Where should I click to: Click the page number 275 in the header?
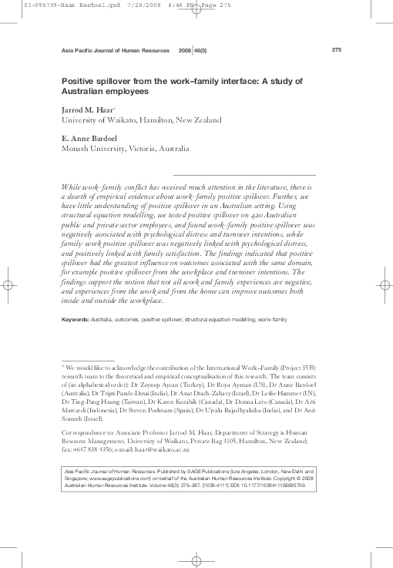[x=336, y=50]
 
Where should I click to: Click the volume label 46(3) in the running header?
[x=199, y=50]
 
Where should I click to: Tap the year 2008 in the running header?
[x=185, y=50]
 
